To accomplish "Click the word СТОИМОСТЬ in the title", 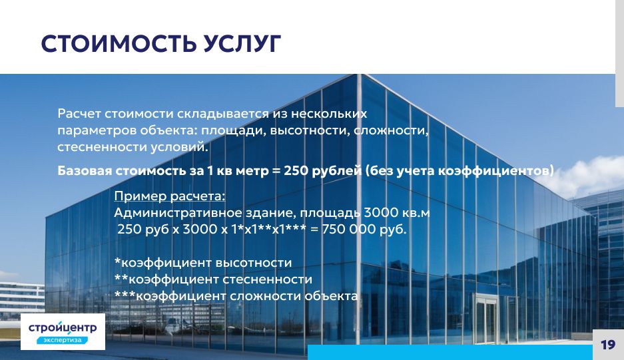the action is pos(118,43).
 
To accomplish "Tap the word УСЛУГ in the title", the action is pos(242,43).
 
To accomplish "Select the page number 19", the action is pos(607,345).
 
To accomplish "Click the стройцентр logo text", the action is pos(63,327).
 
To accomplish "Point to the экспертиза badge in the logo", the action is pos(62,340).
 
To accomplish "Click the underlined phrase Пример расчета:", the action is pos(170,196).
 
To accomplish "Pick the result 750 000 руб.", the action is pos(364,229).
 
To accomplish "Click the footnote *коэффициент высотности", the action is pos(203,263).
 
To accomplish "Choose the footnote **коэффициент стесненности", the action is pos(213,279).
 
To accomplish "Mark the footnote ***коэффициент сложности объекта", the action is pos(236,296).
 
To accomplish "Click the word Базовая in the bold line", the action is pos(85,170).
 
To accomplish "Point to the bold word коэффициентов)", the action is pos(496,170).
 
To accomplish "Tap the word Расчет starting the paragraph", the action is pos(79,114).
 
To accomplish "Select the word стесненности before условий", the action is pos(102,147).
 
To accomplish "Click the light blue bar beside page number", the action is pos(450,353).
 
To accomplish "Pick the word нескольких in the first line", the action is pos(329,114).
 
